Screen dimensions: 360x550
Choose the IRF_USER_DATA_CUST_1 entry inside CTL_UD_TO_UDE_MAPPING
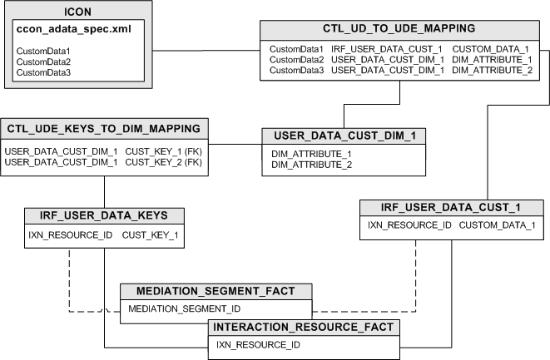click(387, 50)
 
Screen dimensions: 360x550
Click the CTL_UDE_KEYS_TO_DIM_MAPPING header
click(104, 128)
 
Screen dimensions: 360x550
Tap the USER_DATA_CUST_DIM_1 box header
click(344, 135)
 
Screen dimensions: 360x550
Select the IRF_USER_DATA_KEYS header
click(104, 215)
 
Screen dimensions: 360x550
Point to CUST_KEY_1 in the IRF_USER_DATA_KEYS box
click(150, 235)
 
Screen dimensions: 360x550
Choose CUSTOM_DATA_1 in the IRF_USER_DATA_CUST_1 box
click(498, 225)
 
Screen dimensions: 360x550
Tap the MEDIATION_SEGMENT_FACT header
click(216, 291)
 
